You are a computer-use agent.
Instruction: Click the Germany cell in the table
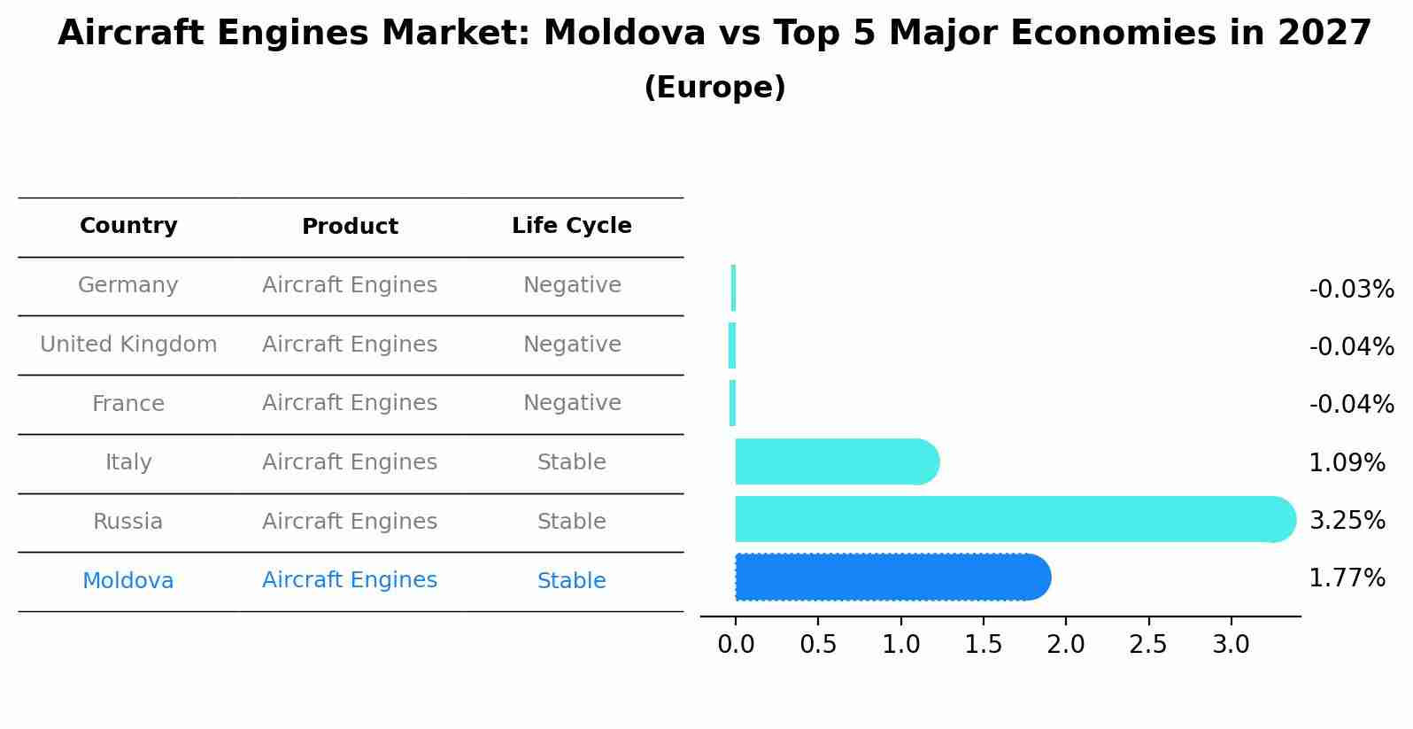(x=128, y=285)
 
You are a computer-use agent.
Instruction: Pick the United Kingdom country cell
(x=128, y=345)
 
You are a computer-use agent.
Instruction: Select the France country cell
(x=128, y=404)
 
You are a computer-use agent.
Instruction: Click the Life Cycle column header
(x=571, y=226)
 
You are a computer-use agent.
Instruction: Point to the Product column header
(x=350, y=227)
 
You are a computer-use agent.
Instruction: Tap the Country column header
(x=128, y=226)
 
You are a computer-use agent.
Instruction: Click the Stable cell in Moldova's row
(x=571, y=581)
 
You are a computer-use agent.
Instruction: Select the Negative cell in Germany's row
(x=572, y=285)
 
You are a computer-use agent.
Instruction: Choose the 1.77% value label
(x=1347, y=578)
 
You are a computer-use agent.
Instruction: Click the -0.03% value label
(x=1351, y=290)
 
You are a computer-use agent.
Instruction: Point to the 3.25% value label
(x=1347, y=521)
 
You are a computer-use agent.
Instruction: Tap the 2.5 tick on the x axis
(x=1148, y=645)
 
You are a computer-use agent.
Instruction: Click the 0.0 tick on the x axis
(x=736, y=645)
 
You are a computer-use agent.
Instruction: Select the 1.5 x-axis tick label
(x=983, y=645)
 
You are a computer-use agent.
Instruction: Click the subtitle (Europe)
(x=714, y=88)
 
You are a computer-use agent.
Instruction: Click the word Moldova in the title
(x=624, y=34)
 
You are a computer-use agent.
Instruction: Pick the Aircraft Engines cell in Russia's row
(x=350, y=522)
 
